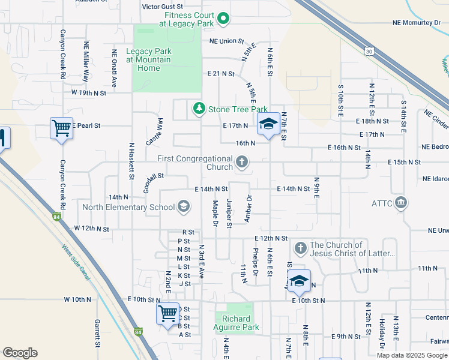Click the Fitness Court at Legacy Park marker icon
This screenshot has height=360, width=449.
tap(223, 19)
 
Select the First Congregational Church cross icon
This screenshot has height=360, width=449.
tap(242, 162)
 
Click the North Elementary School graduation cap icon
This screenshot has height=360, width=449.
tap(184, 208)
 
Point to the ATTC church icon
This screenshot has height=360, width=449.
tap(402, 203)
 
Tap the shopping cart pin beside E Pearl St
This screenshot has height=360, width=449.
tap(61, 128)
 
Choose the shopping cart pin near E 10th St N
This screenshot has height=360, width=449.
tap(167, 313)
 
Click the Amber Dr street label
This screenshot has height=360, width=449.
tap(247, 209)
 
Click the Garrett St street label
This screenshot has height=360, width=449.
tap(97, 334)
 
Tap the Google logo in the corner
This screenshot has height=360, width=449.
tap(20, 353)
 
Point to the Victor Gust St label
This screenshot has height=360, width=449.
tap(161, 7)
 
